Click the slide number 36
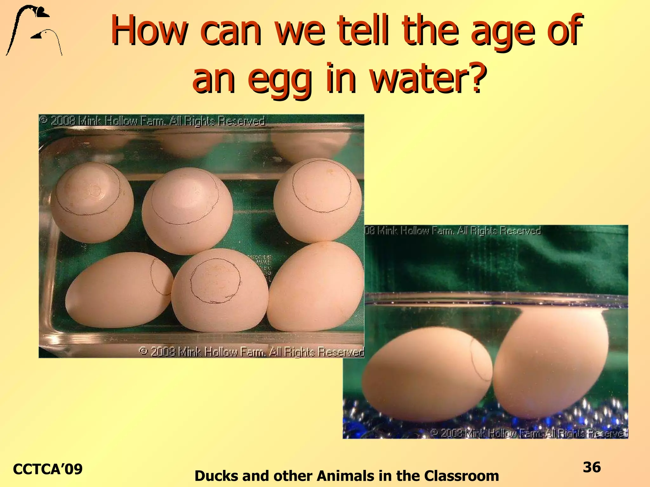(592, 467)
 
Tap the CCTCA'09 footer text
(48, 469)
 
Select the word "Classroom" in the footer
(461, 476)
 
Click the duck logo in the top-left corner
(33, 30)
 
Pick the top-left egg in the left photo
(92, 203)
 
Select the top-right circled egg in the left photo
(317, 200)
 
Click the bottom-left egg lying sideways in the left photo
(119, 290)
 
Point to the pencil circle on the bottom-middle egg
(216, 280)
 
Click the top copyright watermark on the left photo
(152, 121)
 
